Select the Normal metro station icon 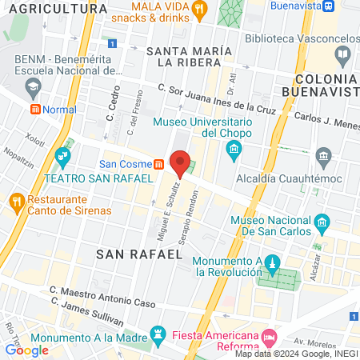pos(35,109)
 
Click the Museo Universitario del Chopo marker pos(233,149)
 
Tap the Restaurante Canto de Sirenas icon pos(15,201)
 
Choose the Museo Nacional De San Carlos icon pos(322,222)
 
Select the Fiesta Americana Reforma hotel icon pos(268,335)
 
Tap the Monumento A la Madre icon pos(158,334)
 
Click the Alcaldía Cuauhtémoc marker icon pos(323,154)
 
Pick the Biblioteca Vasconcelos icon pos(343,55)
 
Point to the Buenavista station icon pos(329,6)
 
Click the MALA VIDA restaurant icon pos(200,10)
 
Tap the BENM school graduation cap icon pos(33,85)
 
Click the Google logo pos(26,350)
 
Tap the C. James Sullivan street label pos(86,312)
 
